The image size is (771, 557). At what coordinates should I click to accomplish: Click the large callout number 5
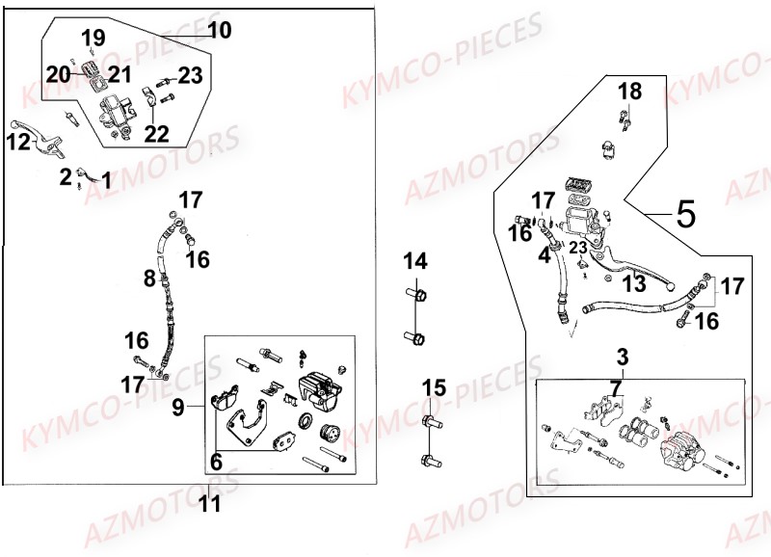[x=685, y=213]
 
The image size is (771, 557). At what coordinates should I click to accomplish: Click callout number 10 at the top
[x=219, y=31]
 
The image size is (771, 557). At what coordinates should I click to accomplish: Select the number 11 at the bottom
[x=209, y=502]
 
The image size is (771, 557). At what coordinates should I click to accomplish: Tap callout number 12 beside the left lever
[x=18, y=144]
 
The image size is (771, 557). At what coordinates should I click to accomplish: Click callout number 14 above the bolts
[x=414, y=260]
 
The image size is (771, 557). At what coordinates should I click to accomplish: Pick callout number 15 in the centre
[x=434, y=388]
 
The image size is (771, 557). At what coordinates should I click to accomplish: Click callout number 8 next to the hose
[x=149, y=279]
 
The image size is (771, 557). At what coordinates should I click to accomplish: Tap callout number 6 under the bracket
[x=216, y=463]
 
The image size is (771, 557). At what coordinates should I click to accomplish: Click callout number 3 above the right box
[x=623, y=357]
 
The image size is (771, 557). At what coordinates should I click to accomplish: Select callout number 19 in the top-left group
[x=93, y=39]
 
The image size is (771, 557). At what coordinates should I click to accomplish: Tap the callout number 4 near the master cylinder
[x=545, y=256]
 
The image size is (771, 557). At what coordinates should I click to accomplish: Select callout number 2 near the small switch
[x=66, y=176]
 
